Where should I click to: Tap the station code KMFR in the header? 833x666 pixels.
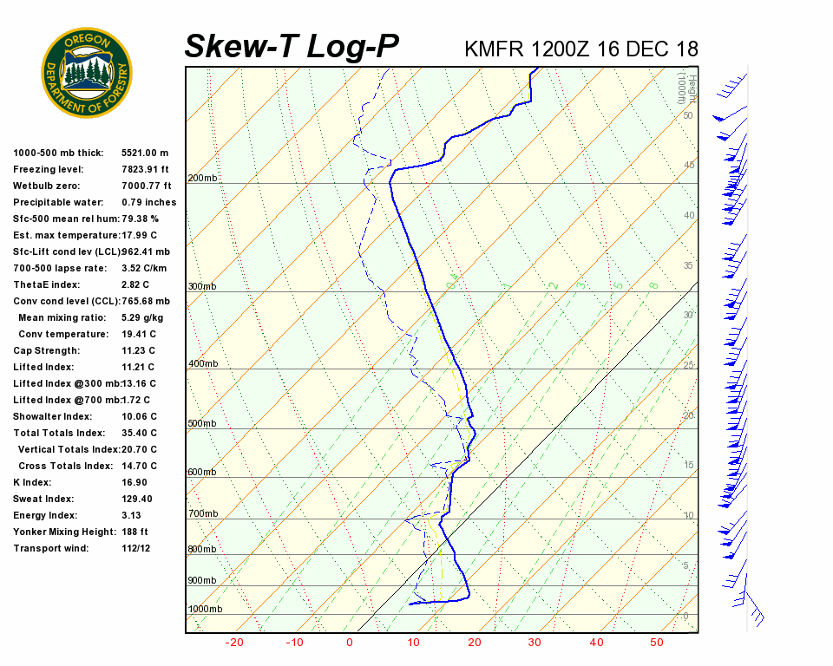495,49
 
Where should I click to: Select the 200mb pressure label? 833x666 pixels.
203,179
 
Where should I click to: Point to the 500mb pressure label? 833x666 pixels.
203,423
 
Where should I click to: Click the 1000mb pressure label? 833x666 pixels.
206,609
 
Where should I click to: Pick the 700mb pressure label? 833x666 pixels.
203,514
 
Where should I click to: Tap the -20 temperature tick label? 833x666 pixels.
233,643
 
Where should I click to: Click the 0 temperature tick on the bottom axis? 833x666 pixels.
350,643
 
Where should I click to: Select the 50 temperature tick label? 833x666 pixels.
657,643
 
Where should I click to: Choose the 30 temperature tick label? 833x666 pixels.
535,643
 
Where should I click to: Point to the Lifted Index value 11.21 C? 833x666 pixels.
140,367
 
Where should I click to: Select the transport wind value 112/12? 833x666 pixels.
137,548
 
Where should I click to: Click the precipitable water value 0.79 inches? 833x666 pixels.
149,202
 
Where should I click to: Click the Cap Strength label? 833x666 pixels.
47,350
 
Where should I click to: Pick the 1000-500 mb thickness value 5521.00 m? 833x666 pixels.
146,153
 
